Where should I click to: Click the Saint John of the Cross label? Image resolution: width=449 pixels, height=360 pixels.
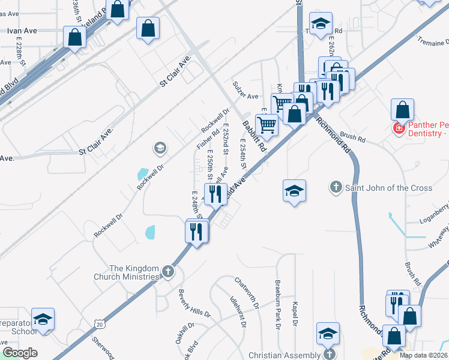[388, 188]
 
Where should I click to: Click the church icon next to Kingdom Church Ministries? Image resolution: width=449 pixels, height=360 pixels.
[168, 272]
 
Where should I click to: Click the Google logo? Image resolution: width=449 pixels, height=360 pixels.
[20, 353]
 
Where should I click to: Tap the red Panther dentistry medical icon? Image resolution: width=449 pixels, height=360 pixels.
[398, 128]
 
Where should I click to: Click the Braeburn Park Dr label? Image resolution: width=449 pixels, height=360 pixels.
[278, 304]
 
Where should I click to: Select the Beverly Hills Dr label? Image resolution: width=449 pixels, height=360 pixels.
[194, 304]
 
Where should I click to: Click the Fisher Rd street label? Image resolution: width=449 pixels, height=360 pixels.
[205, 139]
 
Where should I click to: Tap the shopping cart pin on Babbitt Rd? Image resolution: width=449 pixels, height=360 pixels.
[267, 124]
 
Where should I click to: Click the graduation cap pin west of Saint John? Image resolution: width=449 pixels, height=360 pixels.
[294, 191]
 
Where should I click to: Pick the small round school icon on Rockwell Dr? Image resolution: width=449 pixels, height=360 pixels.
[160, 147]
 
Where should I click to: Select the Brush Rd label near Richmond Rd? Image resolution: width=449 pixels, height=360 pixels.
[352, 136]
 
